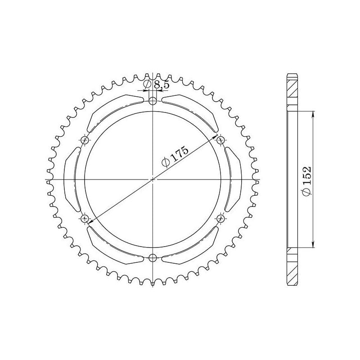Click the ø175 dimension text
[x=173, y=157]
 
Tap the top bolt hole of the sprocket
[x=153, y=100]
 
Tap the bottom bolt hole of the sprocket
[x=153, y=258]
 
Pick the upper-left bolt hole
[x=85, y=140]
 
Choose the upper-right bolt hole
[x=220, y=140]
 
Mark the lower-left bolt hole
[x=85, y=219]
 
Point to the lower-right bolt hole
[x=220, y=219]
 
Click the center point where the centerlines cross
[x=153, y=180]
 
